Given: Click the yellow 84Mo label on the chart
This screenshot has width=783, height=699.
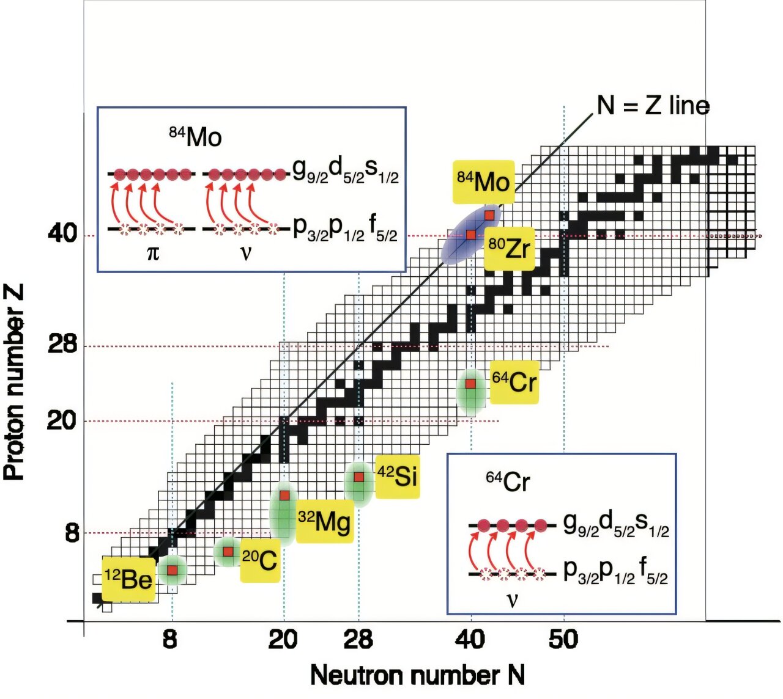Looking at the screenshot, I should pyautogui.click(x=483, y=182).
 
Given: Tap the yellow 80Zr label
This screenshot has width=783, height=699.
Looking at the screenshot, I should pyautogui.click(x=509, y=249).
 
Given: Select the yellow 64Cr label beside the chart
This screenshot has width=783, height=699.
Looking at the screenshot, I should pyautogui.click(x=514, y=382).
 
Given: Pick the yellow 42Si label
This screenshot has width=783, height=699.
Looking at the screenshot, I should pyautogui.click(x=398, y=477).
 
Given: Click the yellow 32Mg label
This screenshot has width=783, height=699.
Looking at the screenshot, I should pyautogui.click(x=324, y=521).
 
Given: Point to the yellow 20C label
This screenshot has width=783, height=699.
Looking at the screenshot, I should pyautogui.click(x=260, y=560).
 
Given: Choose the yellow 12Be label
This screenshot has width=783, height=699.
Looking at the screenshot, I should pyautogui.click(x=128, y=579).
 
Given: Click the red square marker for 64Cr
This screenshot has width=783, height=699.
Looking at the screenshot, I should pyautogui.click(x=470, y=384).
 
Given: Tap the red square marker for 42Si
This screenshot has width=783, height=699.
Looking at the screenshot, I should pyautogui.click(x=359, y=477).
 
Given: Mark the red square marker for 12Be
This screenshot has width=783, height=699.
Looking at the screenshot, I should pyautogui.click(x=173, y=570).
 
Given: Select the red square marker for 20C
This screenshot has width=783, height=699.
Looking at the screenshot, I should pyautogui.click(x=228, y=552).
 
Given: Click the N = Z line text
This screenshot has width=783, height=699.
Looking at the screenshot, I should pyautogui.click(x=653, y=106).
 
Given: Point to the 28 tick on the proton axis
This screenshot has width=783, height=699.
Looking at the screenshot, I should pyautogui.click(x=62, y=346).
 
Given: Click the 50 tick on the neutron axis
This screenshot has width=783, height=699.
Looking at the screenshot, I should pyautogui.click(x=563, y=639).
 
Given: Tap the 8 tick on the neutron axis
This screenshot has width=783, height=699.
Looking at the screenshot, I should pyautogui.click(x=170, y=639).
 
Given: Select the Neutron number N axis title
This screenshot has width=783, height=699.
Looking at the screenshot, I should pyautogui.click(x=417, y=676).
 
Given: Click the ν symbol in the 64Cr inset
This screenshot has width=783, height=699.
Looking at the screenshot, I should pyautogui.click(x=513, y=600).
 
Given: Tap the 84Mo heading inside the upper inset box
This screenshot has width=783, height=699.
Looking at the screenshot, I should pyautogui.click(x=195, y=137).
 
